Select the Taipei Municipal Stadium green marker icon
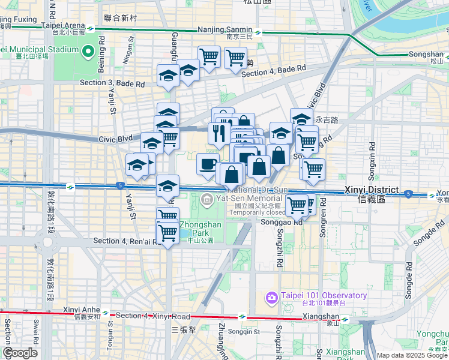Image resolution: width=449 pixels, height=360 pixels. (89, 51)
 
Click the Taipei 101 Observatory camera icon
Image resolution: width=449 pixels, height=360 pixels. (272, 296)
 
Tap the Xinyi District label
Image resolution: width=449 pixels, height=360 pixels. (369, 190)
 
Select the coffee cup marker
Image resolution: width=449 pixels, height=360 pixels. (208, 164)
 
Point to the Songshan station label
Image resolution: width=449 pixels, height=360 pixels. (425, 54)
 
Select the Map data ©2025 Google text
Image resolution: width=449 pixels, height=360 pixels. (411, 355)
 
